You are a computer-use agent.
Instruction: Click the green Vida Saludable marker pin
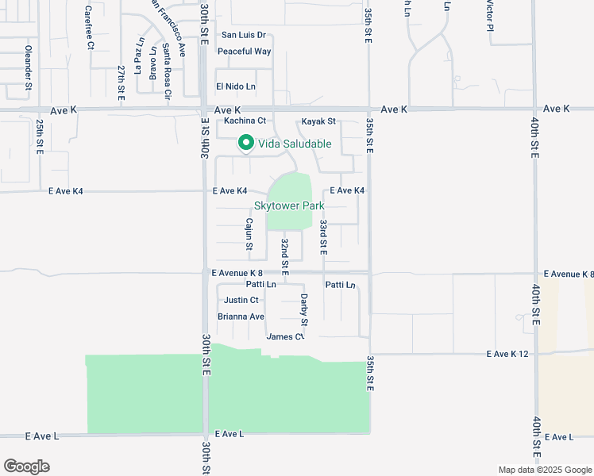tap(246, 144)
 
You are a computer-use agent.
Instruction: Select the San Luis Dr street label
tap(243, 35)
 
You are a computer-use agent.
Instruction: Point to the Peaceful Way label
tap(244, 52)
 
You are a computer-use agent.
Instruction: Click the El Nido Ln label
tap(236, 86)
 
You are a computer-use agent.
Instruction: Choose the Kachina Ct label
tap(244, 121)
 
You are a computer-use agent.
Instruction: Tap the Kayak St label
tap(318, 121)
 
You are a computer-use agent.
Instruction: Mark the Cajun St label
tap(249, 234)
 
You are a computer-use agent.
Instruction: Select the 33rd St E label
tap(323, 237)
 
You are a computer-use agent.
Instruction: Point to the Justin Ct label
tap(241, 300)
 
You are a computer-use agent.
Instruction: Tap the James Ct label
tap(285, 336)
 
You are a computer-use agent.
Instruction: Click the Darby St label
tap(303, 310)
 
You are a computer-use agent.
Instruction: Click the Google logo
tap(26, 466)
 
